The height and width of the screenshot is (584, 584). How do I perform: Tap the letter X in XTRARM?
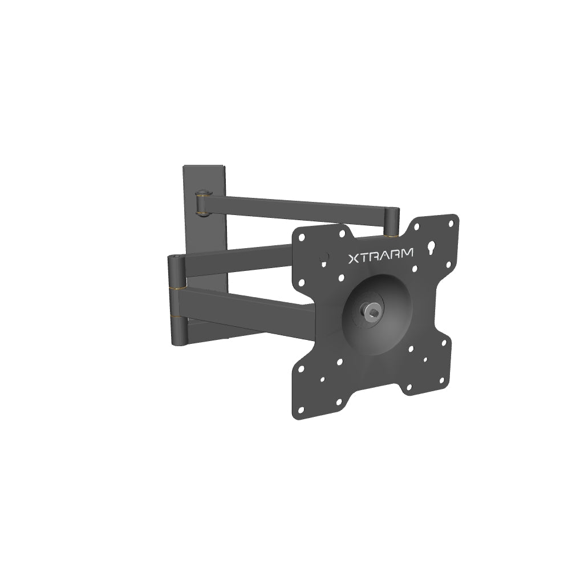tap(354, 259)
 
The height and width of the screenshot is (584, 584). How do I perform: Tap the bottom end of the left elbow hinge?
tap(178, 341)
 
